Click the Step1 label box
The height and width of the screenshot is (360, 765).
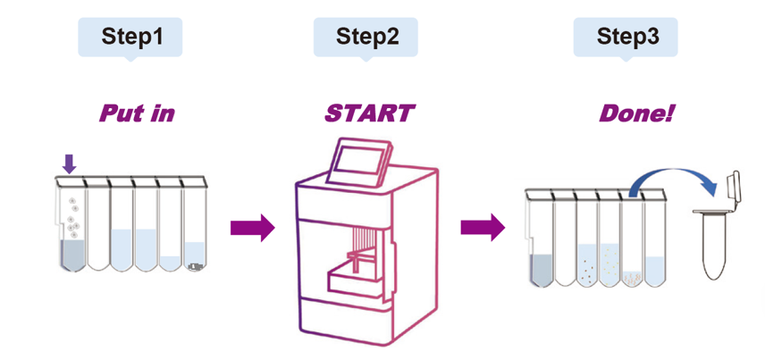(x=131, y=37)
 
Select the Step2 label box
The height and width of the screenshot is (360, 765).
(x=366, y=37)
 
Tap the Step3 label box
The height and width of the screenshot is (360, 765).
(x=626, y=37)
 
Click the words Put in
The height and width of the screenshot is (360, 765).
(x=136, y=113)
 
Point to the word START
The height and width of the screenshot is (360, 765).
(x=369, y=113)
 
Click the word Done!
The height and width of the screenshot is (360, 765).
(x=635, y=113)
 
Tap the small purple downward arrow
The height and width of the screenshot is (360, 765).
(x=70, y=163)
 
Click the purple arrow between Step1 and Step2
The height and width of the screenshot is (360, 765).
(x=252, y=228)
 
